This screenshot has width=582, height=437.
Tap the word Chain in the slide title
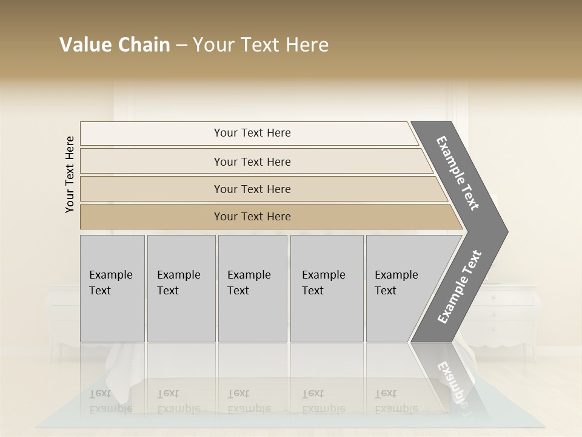141,45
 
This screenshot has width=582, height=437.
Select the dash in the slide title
181,46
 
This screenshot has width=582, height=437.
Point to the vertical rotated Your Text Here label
70,174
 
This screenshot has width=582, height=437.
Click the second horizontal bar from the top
252,161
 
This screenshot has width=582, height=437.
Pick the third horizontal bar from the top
252,189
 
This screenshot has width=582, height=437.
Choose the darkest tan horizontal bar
252,217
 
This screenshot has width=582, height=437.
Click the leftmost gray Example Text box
112,288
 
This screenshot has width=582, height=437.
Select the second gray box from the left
181,288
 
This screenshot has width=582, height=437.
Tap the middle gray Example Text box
252,288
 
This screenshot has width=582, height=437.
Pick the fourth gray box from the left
326,288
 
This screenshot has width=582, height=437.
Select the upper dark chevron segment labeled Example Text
458,173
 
